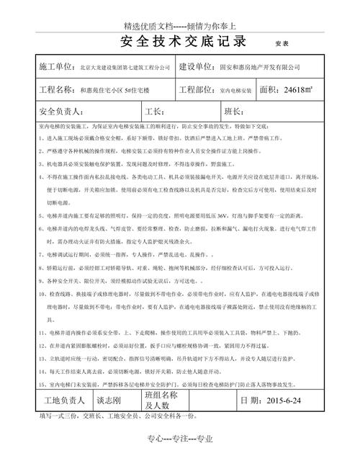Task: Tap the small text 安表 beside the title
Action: point(282,43)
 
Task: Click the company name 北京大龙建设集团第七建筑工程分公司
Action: point(125,67)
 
